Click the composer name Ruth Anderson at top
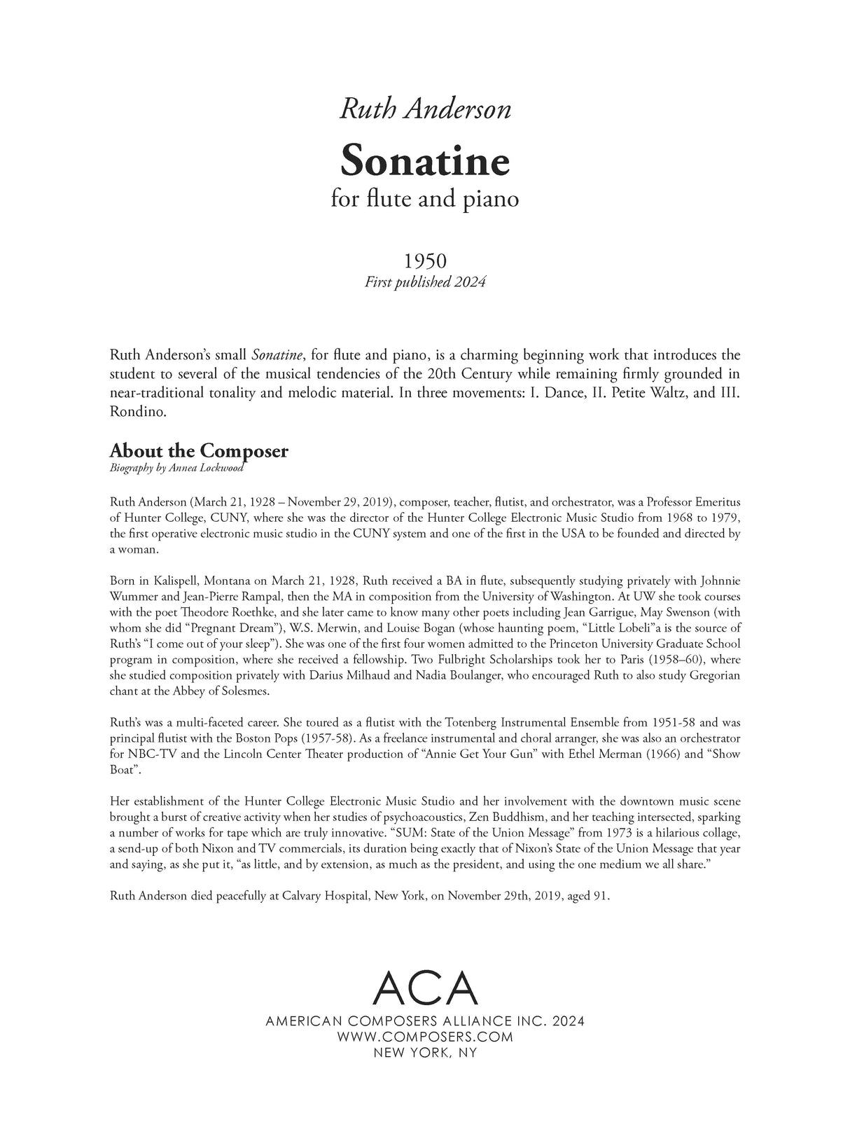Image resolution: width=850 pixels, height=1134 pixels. point(425,109)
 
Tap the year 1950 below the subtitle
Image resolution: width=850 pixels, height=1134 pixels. point(425,261)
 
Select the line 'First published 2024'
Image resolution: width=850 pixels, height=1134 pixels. point(425,282)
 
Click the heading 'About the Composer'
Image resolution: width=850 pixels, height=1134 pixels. point(198,450)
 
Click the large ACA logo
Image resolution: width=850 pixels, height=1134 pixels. point(425,989)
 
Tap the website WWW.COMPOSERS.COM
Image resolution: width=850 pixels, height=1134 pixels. point(425,1037)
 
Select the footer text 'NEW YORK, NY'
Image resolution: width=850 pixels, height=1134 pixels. point(425,1052)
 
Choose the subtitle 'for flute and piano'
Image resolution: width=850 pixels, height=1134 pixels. point(425,199)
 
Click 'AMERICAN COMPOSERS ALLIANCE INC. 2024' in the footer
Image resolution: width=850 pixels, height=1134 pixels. point(425,1021)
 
